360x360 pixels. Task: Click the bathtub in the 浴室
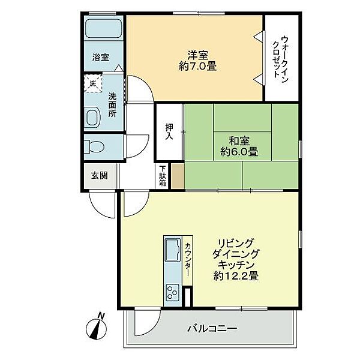103,28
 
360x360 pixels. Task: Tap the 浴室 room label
101,57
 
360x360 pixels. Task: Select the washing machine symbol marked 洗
93,83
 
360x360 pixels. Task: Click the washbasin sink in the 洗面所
93,117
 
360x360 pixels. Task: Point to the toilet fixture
94,147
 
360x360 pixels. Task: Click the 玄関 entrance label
100,176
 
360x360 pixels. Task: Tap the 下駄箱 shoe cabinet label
163,176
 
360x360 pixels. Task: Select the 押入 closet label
169,132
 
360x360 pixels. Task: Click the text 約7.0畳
197,67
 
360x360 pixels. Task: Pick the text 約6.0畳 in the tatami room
239,152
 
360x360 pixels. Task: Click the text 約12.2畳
236,276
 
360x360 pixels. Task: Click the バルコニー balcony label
212,329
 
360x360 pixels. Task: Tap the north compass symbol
97,326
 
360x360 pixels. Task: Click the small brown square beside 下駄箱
178,176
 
